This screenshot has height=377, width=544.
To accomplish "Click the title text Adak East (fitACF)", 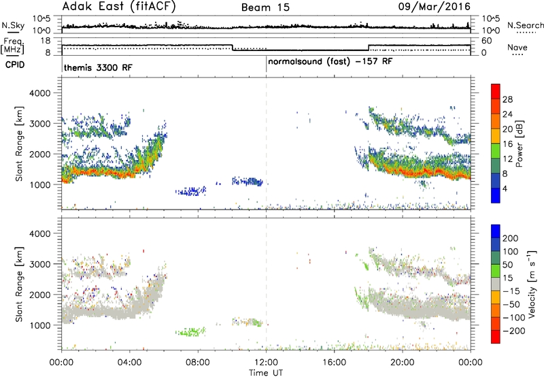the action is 119,7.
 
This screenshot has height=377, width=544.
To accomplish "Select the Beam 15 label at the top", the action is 265,7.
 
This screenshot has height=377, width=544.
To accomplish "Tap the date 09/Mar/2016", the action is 434,7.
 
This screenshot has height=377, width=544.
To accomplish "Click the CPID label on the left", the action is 15,65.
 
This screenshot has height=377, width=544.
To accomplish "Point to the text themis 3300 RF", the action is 98,67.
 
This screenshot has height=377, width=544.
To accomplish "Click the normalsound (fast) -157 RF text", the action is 330,62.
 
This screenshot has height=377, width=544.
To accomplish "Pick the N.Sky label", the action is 13,25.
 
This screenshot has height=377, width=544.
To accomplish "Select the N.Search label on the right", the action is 525,25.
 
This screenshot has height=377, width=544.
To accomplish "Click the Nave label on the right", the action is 517,48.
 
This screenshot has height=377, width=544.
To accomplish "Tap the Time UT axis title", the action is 266,373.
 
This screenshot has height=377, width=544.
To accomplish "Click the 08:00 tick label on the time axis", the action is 198,363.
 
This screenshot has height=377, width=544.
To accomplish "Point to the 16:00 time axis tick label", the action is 334,363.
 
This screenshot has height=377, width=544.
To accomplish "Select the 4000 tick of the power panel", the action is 40,93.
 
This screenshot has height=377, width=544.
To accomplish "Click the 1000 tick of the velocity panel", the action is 40,325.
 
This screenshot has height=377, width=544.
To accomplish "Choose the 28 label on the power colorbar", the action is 507,99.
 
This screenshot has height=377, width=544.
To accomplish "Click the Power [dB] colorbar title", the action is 519,144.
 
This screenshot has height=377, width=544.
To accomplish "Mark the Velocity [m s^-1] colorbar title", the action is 532,284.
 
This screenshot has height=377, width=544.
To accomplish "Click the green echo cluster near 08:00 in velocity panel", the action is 190,331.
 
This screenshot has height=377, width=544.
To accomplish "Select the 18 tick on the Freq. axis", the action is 46,41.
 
